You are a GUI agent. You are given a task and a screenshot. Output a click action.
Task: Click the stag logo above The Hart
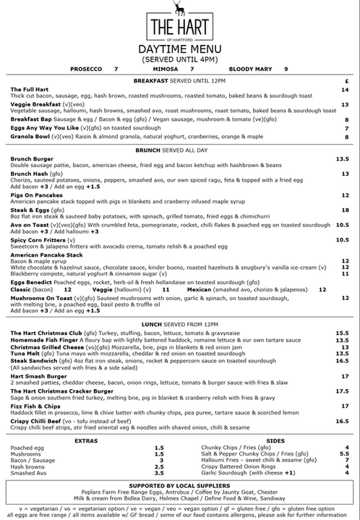tap(179, 8)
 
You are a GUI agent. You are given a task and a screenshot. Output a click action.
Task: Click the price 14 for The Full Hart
tap(345, 90)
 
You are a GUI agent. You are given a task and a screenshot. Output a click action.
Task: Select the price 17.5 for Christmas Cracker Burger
tap(342, 391)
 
